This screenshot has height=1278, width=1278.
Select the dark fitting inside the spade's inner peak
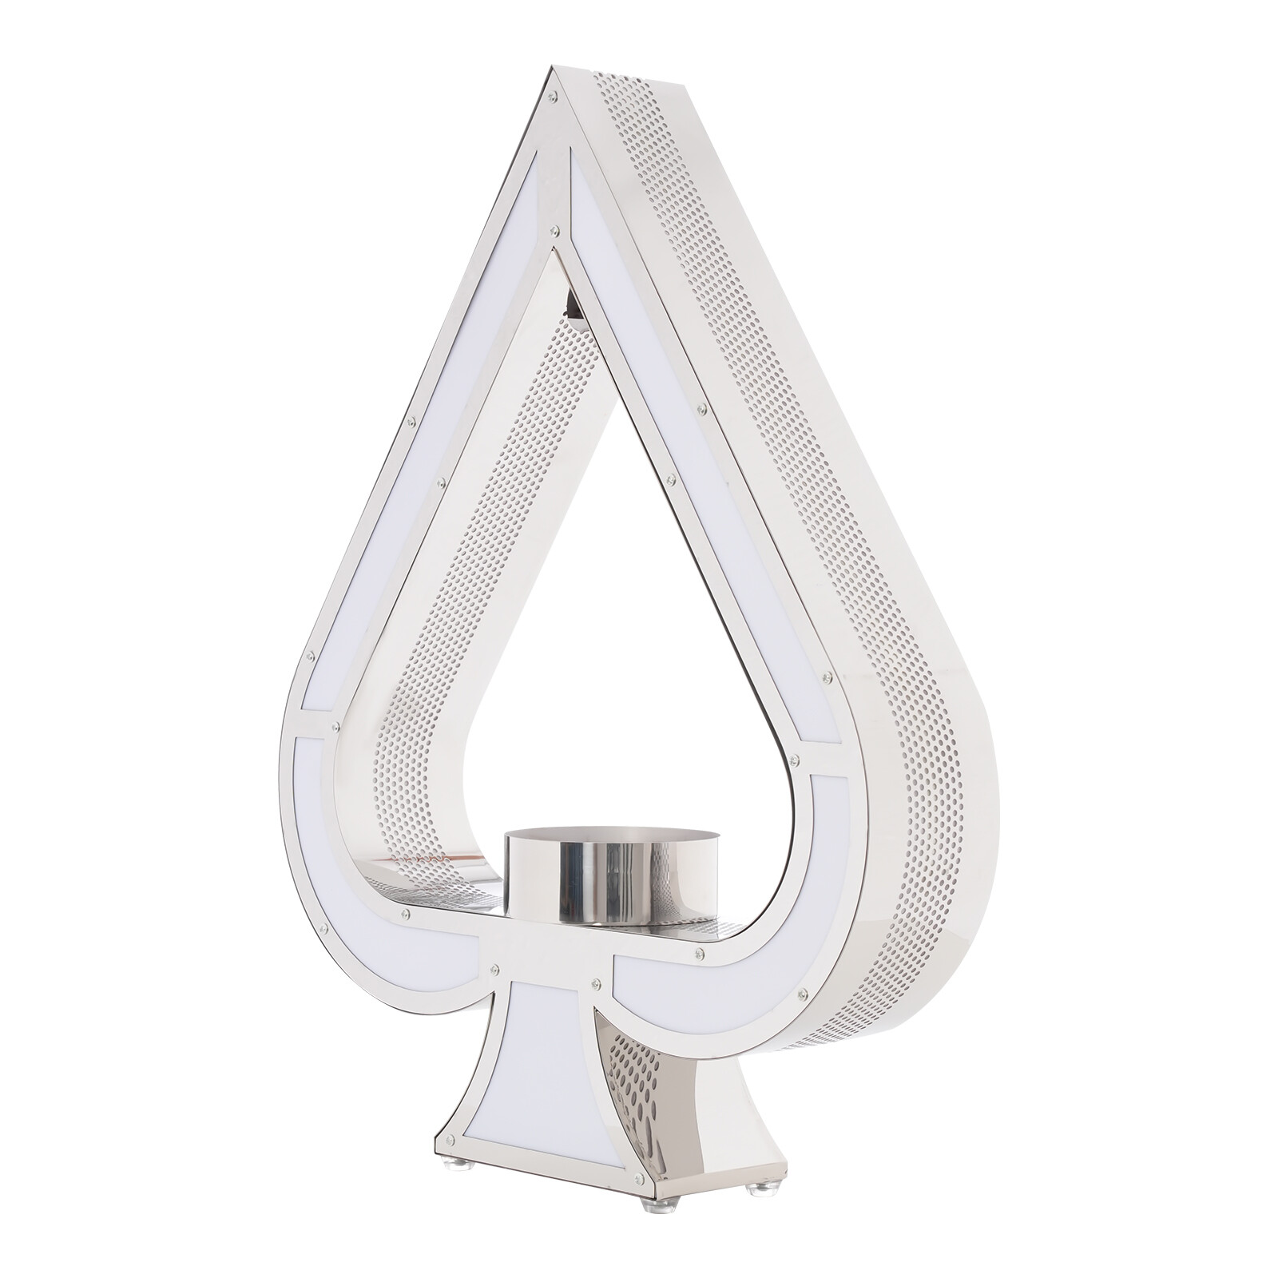tap(572, 303)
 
